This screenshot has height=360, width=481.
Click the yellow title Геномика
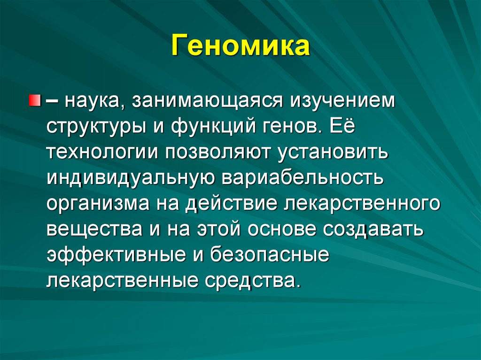240,47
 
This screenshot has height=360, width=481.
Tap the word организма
98,204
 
